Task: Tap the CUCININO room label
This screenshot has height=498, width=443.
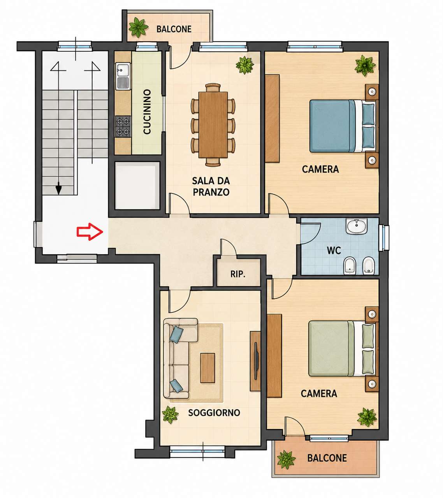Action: pyautogui.click(x=147, y=112)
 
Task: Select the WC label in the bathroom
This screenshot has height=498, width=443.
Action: pyautogui.click(x=334, y=251)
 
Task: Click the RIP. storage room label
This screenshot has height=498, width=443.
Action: pyautogui.click(x=238, y=274)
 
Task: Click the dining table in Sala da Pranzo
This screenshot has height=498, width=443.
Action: pyautogui.click(x=213, y=125)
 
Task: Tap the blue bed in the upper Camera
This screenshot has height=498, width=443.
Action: pyautogui.click(x=343, y=126)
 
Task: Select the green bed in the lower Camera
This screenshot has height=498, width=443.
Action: pyautogui.click(x=342, y=348)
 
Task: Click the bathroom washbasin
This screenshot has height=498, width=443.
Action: pyautogui.click(x=357, y=226)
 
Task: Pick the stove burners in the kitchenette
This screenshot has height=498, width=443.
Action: pyautogui.click(x=123, y=126)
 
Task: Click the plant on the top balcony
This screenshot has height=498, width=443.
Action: pyautogui.click(x=139, y=27)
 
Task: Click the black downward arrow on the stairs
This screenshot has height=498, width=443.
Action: pyautogui.click(x=58, y=189)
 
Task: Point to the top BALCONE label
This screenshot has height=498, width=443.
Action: pyautogui.click(x=174, y=29)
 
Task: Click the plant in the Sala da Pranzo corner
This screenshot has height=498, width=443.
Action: pyautogui.click(x=244, y=65)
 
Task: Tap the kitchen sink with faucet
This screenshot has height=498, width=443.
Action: pyautogui.click(x=123, y=70)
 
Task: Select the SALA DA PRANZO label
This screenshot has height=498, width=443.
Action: pyautogui.click(x=211, y=187)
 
